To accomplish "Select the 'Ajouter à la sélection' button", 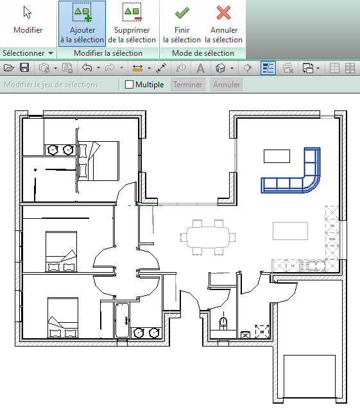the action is (x=82, y=24).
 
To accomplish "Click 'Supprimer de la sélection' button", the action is (x=132, y=24).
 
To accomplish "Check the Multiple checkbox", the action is (x=129, y=85).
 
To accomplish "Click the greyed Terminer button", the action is (x=188, y=85).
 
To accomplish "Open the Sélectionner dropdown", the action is (x=28, y=53).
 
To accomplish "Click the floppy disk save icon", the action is (x=24, y=68).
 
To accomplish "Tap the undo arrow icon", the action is (x=87, y=68).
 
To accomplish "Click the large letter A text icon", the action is (x=200, y=68).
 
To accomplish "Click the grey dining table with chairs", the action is (x=208, y=237).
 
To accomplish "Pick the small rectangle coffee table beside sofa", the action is (x=277, y=157).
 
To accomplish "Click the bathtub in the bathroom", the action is (x=122, y=320).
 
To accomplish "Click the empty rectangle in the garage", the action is (x=309, y=376).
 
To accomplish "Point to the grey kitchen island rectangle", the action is (x=290, y=231).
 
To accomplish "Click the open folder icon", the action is (x=9, y=68).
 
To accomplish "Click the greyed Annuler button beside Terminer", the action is (x=227, y=85).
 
